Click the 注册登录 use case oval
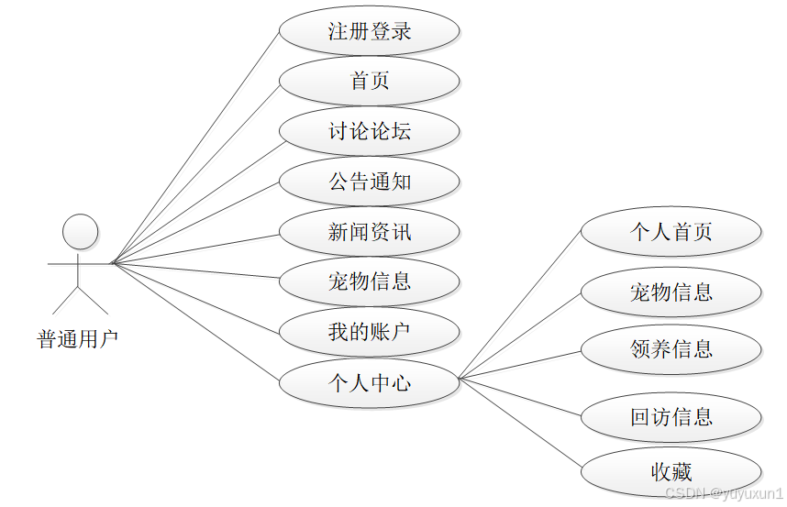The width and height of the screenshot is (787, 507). (x=369, y=31)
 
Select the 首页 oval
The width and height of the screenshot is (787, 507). (x=369, y=81)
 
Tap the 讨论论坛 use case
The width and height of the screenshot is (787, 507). (x=369, y=131)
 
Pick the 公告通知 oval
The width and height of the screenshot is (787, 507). (x=369, y=182)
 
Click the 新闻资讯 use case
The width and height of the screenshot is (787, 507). (x=369, y=232)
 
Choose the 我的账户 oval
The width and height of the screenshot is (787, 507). (x=369, y=332)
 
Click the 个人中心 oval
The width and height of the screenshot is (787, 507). (x=369, y=382)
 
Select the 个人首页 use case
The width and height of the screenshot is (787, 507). (x=671, y=232)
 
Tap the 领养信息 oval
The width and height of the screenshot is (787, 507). (x=671, y=349)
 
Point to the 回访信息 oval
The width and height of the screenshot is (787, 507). (x=671, y=417)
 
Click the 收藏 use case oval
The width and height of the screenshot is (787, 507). (x=671, y=472)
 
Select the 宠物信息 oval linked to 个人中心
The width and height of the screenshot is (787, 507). (x=671, y=292)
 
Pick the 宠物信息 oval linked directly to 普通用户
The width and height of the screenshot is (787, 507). (x=369, y=281)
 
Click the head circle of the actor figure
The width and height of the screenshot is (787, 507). (x=80, y=232)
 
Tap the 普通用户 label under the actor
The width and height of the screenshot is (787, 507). (x=78, y=340)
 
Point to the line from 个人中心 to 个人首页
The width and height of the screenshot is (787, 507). (x=520, y=304)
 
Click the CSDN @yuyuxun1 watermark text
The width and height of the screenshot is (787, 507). (x=725, y=493)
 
